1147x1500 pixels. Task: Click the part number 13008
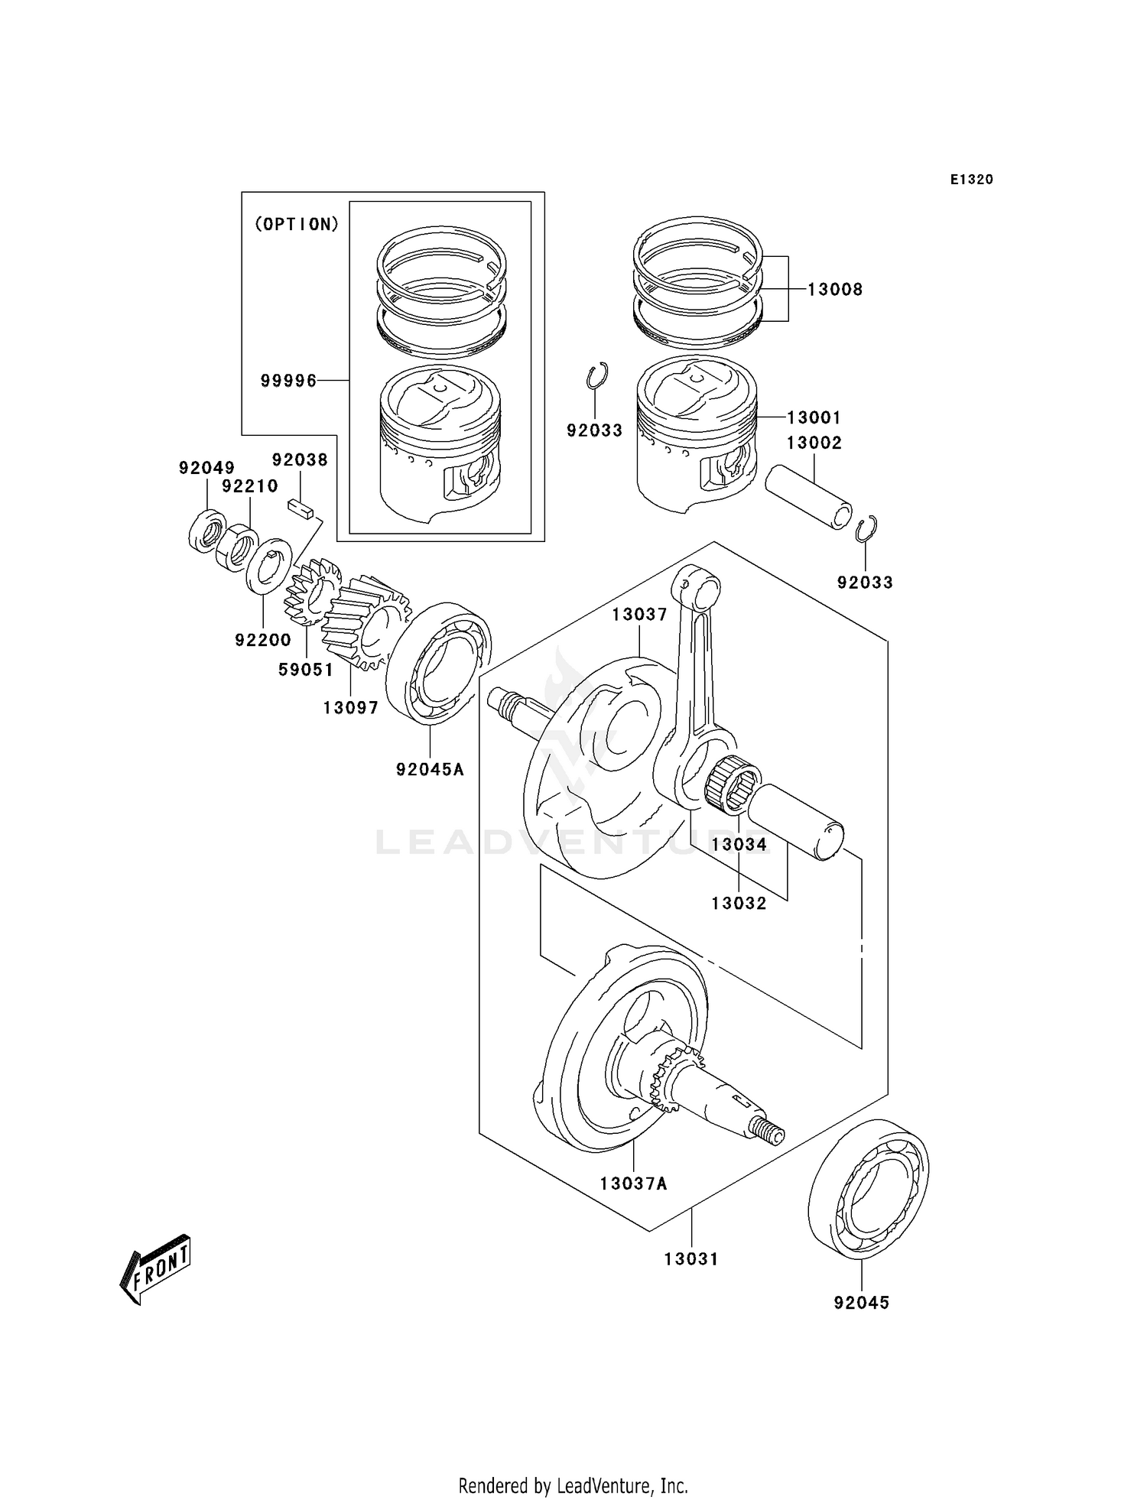point(835,290)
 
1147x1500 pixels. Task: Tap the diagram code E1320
point(971,180)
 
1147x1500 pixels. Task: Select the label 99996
point(288,381)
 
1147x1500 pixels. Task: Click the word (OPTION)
point(296,225)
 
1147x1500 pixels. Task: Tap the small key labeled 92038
point(301,508)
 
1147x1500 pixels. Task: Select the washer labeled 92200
point(268,566)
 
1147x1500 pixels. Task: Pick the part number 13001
point(814,418)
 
